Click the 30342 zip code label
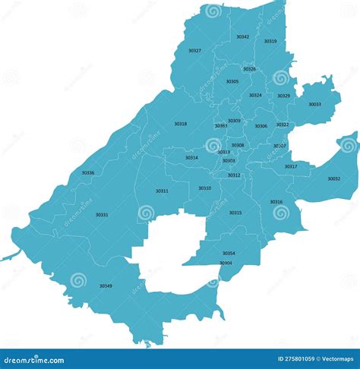click(242, 36)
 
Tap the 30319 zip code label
click(270, 41)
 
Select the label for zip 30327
click(195, 51)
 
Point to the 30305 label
click(232, 81)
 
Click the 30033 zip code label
click(314, 104)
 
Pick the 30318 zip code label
click(180, 124)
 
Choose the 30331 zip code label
click(102, 215)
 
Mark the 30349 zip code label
click(106, 285)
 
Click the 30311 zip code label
click(162, 191)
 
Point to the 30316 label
click(276, 201)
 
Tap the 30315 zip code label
click(235, 213)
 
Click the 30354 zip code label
click(229, 253)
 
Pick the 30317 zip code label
click(291, 166)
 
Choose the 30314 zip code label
click(191, 158)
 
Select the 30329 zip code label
click(283, 96)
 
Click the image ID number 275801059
click(296, 359)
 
